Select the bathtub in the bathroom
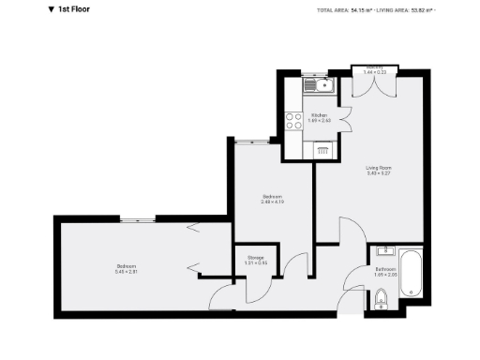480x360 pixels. tap(412, 274)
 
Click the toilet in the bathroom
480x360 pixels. tap(379, 299)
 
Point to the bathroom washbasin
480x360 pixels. tap(383, 251)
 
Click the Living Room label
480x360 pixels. tap(378, 168)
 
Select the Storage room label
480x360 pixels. tap(256, 257)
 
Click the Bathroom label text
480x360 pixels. tap(385, 269)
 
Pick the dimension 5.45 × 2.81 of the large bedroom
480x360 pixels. tap(126, 272)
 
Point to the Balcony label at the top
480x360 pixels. tap(375, 67)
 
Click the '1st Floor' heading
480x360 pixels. tap(80, 10)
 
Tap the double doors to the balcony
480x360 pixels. tap(375, 85)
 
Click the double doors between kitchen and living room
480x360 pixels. tap(347, 120)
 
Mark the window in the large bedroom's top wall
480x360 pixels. tap(137, 219)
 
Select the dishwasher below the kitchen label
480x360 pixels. tap(322, 148)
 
